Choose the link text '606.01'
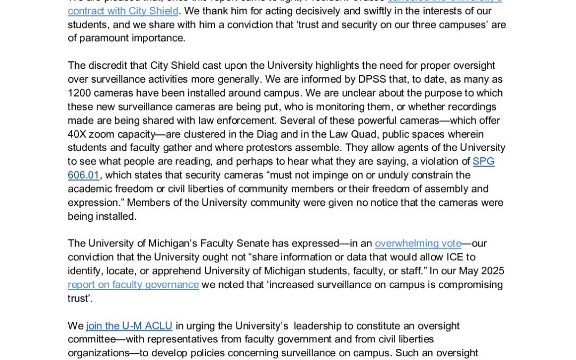click(x=83, y=175)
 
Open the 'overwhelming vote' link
click(x=418, y=243)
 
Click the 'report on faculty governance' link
click(x=133, y=284)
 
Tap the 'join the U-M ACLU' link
click(x=129, y=325)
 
